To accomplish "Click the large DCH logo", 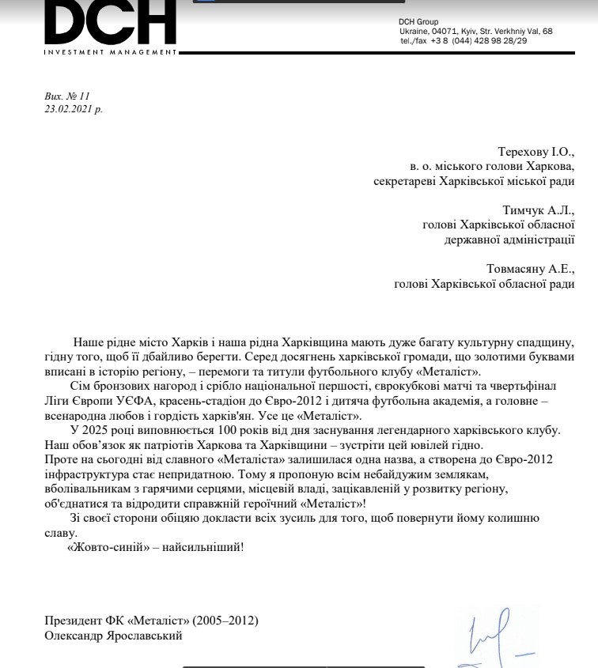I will pyautogui.click(x=110, y=22).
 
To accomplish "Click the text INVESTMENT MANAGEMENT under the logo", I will pyautogui.click(x=111, y=52).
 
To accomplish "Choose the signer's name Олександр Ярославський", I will pyautogui.click(x=114, y=635).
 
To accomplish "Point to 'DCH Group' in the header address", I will pyautogui.click(x=418, y=21).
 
